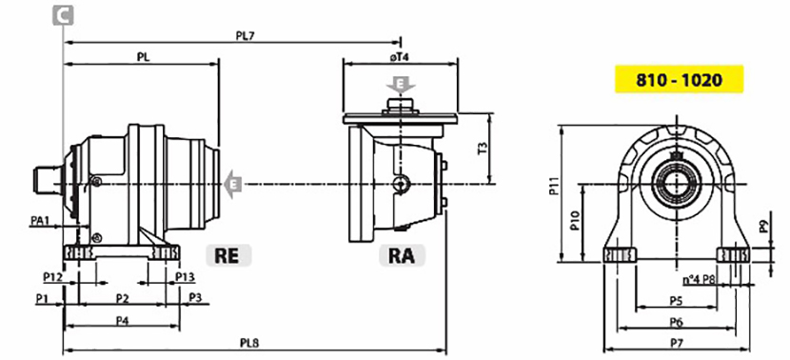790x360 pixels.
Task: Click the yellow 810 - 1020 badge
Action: (679, 79)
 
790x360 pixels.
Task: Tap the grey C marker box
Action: (63, 15)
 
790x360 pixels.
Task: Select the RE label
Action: (228, 255)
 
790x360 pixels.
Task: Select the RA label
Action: (402, 255)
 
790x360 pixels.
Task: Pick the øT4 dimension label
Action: (399, 57)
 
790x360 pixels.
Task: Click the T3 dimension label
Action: (483, 149)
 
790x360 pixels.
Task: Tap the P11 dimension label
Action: (553, 186)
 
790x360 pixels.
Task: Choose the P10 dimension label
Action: (574, 221)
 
